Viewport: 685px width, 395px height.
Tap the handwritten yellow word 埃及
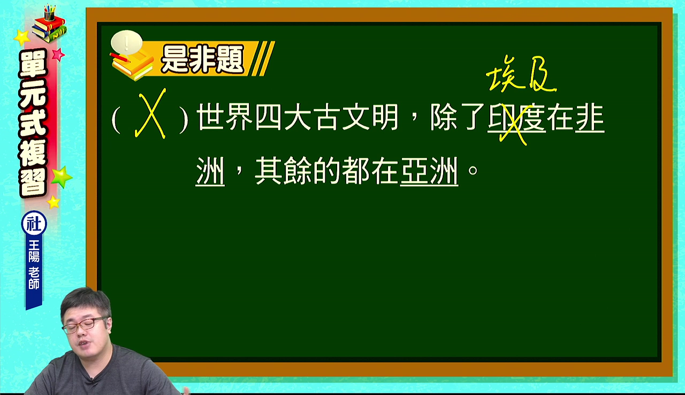click(x=521, y=74)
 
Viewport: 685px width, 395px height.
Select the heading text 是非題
click(x=202, y=59)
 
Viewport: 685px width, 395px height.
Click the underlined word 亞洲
click(x=429, y=171)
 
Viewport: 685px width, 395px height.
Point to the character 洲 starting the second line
click(x=210, y=171)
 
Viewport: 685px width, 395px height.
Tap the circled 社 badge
click(x=34, y=224)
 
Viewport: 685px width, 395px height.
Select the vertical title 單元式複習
click(x=33, y=122)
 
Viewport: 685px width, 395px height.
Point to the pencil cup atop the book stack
click(x=50, y=12)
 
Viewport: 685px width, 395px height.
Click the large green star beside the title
click(x=62, y=177)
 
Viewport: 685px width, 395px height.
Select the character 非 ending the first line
click(x=590, y=118)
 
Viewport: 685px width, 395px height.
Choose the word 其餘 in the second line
click(x=283, y=171)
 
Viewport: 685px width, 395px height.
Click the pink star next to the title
click(x=58, y=55)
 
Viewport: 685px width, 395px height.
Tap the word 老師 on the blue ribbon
click(x=34, y=278)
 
